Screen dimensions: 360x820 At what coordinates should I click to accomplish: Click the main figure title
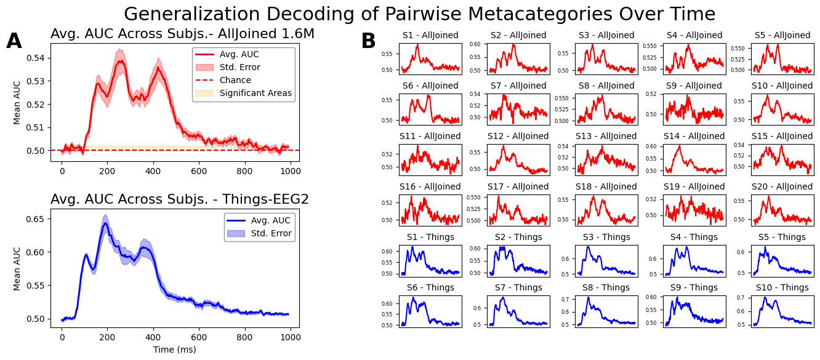click(x=419, y=14)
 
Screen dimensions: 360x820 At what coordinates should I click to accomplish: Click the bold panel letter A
click(x=14, y=42)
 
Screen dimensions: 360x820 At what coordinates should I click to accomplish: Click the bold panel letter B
click(x=368, y=42)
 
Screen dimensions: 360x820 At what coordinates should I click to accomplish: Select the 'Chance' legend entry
click(x=235, y=81)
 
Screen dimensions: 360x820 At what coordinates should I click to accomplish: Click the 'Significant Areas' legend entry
click(x=255, y=94)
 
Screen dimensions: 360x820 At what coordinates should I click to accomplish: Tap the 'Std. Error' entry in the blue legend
click(x=270, y=234)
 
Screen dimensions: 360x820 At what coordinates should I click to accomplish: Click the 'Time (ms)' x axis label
click(x=175, y=350)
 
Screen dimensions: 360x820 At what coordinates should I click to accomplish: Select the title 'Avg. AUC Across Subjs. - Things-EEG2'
click(x=180, y=199)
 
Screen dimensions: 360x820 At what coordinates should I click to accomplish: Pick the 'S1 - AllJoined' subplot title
click(x=430, y=35)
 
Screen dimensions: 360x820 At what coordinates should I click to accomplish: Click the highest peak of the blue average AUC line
click(x=105, y=223)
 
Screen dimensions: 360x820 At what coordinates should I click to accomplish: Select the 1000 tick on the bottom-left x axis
click(x=290, y=337)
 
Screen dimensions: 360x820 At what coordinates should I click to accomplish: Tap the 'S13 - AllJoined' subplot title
click(x=606, y=136)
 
